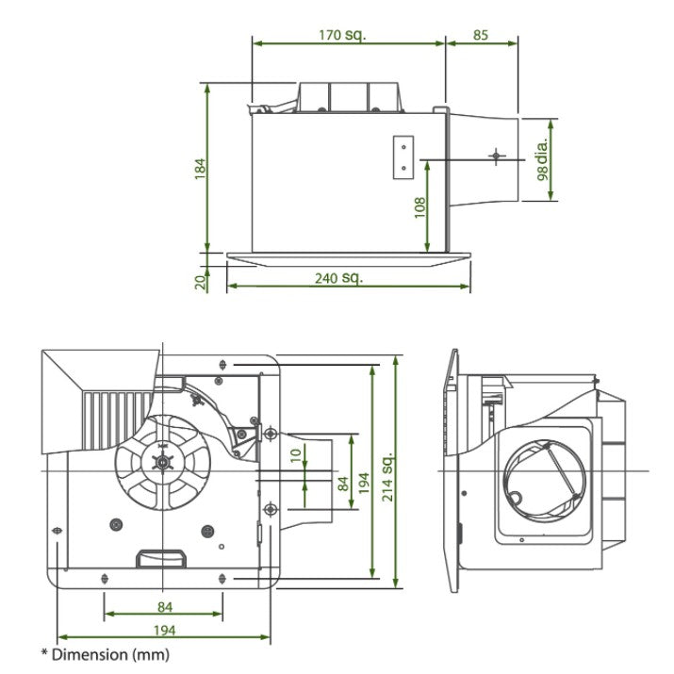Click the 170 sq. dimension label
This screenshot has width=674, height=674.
(x=342, y=34)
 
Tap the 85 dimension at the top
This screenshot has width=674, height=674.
(x=481, y=34)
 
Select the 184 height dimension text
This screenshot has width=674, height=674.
(x=199, y=167)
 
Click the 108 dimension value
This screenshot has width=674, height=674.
(x=419, y=205)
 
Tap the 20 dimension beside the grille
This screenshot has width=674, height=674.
(x=199, y=281)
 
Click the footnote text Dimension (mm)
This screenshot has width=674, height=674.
(x=104, y=653)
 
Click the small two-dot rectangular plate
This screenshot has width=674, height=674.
(x=403, y=156)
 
